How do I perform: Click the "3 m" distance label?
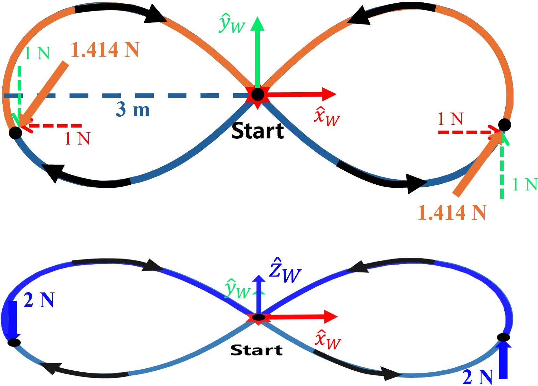coord(133,109)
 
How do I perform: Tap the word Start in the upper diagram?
coord(257,131)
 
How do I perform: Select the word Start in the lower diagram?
coord(256,350)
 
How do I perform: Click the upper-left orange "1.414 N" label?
coord(105,49)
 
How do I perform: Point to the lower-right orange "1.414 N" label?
coord(452,213)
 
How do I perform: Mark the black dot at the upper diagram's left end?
coord(15,133)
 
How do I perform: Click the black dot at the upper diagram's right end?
coord(504,125)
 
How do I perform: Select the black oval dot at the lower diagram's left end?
coord(14,342)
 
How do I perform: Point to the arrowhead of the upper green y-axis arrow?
coord(257,23)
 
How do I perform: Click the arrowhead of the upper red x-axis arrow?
coord(329,94)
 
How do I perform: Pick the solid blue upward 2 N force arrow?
coord(503,360)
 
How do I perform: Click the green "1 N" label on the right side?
coord(525,184)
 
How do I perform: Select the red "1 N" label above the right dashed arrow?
coord(451,119)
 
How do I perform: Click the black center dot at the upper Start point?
coord(258,95)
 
